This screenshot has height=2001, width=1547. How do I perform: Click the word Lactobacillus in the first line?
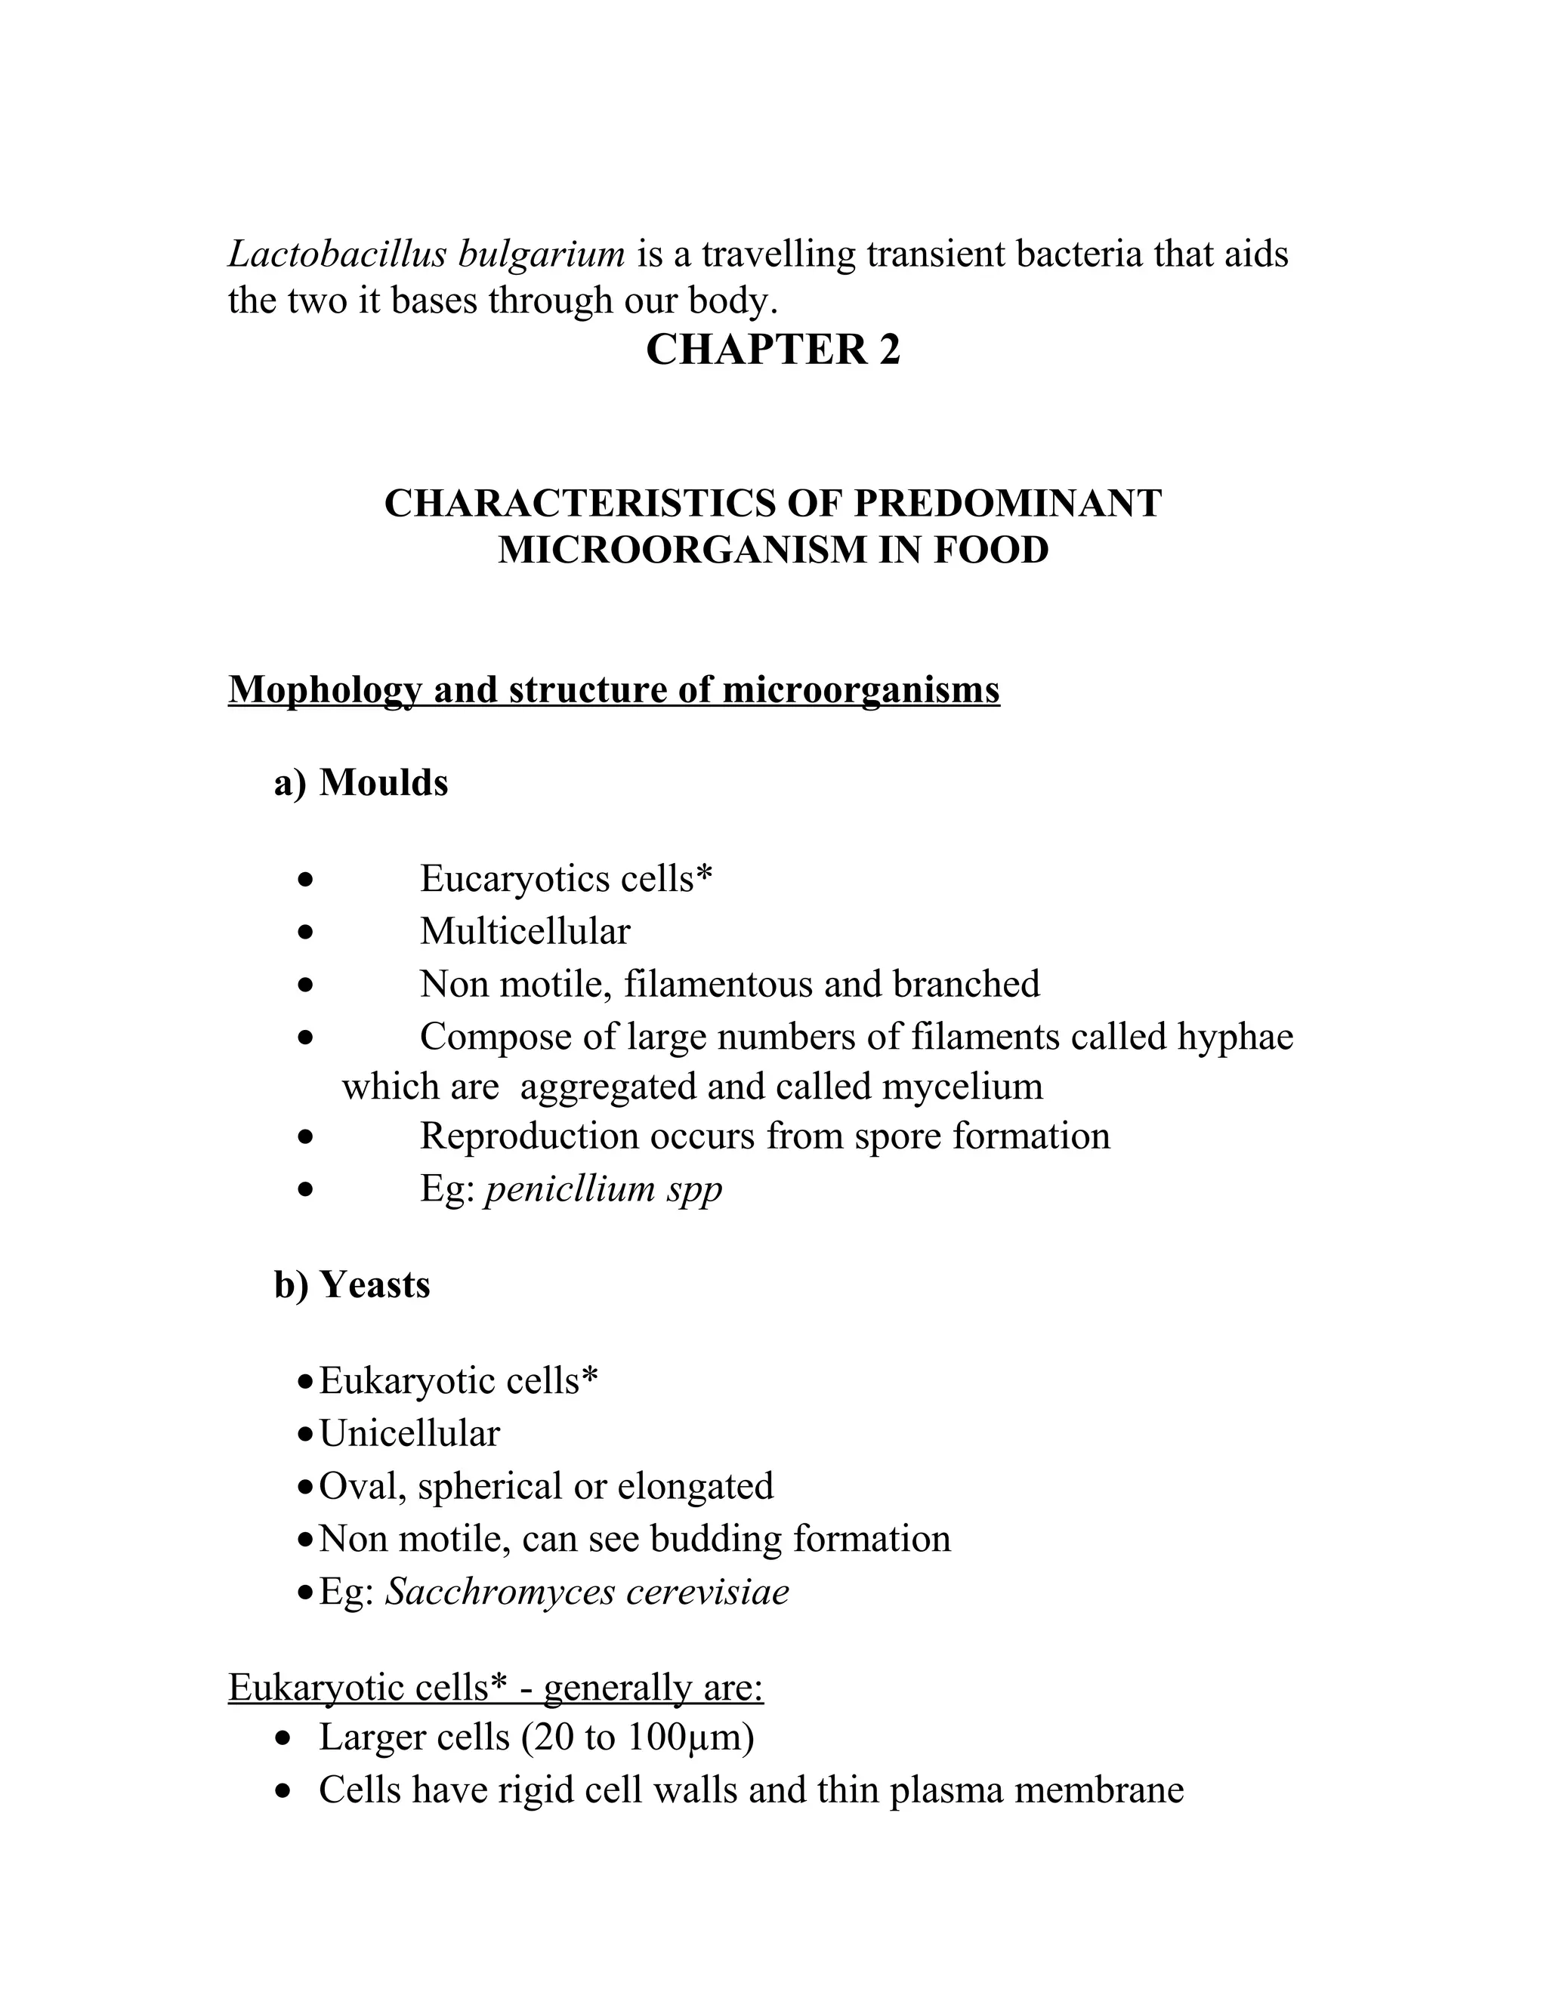335,254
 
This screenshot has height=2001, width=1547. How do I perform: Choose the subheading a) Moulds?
361,782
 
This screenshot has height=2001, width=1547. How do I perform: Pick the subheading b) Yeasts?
352,1284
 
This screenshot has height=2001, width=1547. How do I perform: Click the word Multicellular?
525,932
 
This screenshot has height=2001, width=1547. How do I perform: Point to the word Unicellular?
409,1434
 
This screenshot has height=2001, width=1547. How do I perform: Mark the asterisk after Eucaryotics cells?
704,875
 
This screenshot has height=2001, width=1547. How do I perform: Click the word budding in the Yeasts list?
715,1539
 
